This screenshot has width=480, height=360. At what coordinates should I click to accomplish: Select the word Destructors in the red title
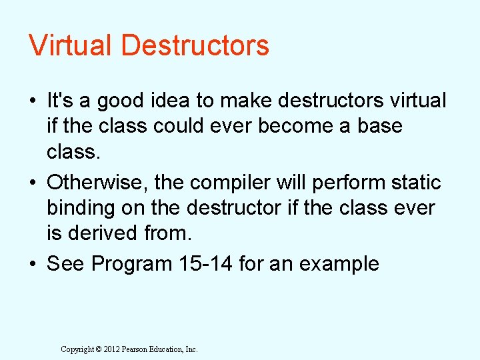(196, 45)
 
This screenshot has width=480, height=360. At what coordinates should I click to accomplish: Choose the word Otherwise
(93, 182)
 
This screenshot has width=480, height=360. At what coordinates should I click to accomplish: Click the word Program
(131, 264)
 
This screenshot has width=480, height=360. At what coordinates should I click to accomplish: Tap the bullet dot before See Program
(33, 265)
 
